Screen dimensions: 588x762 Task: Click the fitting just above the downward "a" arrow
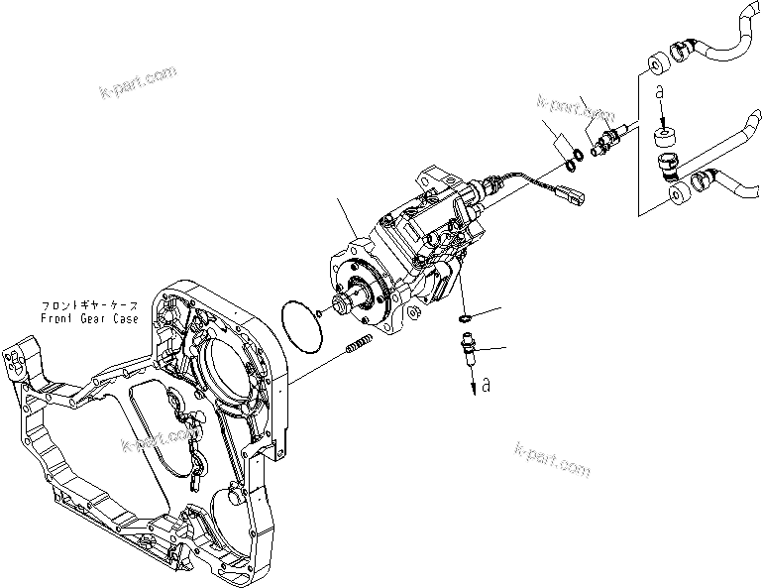coord(469,350)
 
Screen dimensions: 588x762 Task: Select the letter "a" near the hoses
coord(659,91)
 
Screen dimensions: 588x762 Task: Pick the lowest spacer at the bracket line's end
coord(679,196)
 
